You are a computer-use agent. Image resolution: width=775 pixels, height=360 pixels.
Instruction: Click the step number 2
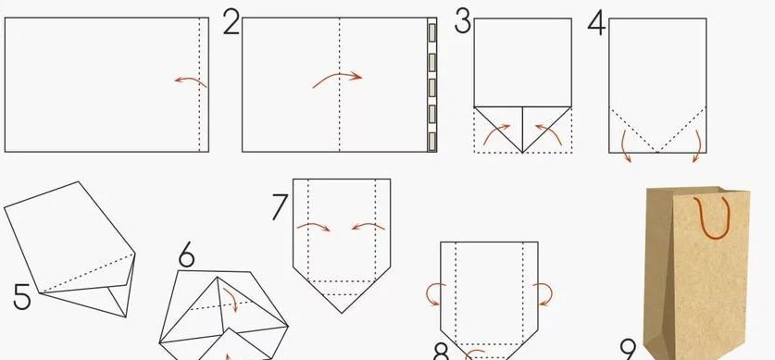click(x=231, y=23)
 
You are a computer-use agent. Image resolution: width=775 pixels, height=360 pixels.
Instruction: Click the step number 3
click(x=463, y=21)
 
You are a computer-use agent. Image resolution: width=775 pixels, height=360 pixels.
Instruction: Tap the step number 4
click(x=596, y=23)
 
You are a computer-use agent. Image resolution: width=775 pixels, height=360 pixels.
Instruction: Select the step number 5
click(x=21, y=297)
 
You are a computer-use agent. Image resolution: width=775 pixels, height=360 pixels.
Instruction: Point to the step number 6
click(x=187, y=256)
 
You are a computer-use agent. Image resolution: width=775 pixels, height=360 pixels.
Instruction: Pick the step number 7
click(x=280, y=207)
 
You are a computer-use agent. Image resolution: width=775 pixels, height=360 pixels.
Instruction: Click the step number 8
click(x=442, y=352)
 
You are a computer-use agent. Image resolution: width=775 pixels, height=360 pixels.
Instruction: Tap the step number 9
click(x=629, y=351)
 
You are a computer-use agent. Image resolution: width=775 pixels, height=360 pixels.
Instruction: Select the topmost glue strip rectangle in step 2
click(x=432, y=33)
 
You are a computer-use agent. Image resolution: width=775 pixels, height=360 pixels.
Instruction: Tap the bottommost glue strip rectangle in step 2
click(x=432, y=141)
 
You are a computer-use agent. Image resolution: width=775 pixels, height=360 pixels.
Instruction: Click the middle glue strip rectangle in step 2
click(x=432, y=87)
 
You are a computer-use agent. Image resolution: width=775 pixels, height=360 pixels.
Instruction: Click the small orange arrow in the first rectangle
click(x=191, y=81)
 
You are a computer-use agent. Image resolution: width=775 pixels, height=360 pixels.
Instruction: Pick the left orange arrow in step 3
click(x=495, y=132)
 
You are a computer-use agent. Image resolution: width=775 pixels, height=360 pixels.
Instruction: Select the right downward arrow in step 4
click(x=699, y=145)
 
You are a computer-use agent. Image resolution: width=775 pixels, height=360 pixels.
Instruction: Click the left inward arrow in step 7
click(x=314, y=226)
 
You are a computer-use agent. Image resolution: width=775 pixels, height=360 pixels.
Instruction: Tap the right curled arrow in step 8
click(x=544, y=292)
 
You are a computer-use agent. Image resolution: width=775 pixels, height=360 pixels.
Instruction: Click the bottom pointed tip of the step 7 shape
click(x=342, y=313)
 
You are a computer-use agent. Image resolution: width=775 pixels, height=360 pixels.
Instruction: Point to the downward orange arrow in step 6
click(x=231, y=299)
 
